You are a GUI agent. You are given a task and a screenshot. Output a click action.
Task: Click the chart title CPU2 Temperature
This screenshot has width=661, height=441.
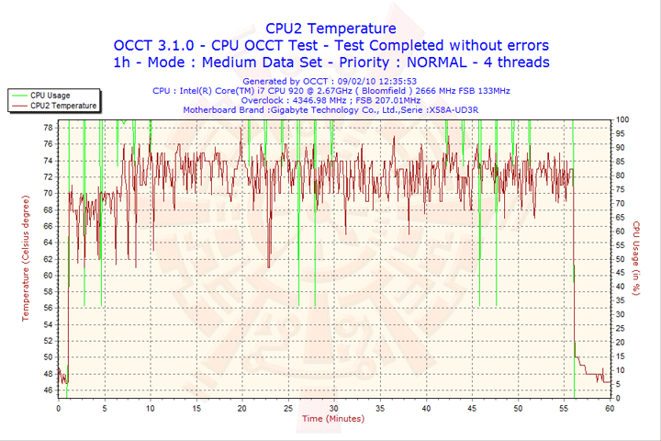pos(330,28)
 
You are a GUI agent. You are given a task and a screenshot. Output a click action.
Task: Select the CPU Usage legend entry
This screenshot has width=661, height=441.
pos(50,95)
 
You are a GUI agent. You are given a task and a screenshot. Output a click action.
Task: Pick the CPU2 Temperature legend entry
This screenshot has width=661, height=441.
pos(62,106)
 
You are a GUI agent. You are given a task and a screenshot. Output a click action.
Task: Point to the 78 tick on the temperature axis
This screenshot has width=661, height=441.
pos(48,128)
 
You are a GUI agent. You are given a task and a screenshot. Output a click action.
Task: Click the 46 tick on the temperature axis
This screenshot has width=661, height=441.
pos(48,390)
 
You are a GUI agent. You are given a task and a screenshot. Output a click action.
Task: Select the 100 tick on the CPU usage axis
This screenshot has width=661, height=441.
pos(622,119)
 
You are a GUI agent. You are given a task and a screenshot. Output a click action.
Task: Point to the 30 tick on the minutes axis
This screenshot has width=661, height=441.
pos(334,408)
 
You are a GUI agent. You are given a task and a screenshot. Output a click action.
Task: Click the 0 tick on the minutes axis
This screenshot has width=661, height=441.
pos(58,408)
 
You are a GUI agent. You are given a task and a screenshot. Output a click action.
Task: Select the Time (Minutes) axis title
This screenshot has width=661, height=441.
pos(332,418)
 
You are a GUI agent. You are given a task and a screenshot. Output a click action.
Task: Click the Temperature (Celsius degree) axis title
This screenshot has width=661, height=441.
pos(26,258)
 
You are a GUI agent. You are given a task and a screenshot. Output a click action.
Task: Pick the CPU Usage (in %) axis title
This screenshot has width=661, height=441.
pos(635,259)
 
